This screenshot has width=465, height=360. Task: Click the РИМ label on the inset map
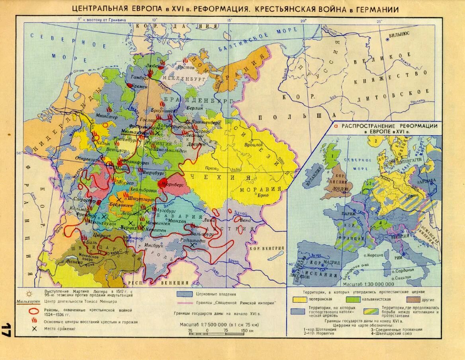(409, 257)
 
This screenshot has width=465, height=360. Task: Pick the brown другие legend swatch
(413, 299)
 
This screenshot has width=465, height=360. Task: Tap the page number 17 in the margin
(7, 330)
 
